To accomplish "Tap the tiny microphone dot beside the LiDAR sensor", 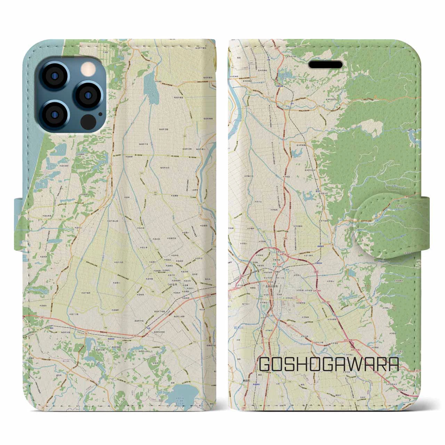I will tap(100, 114).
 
